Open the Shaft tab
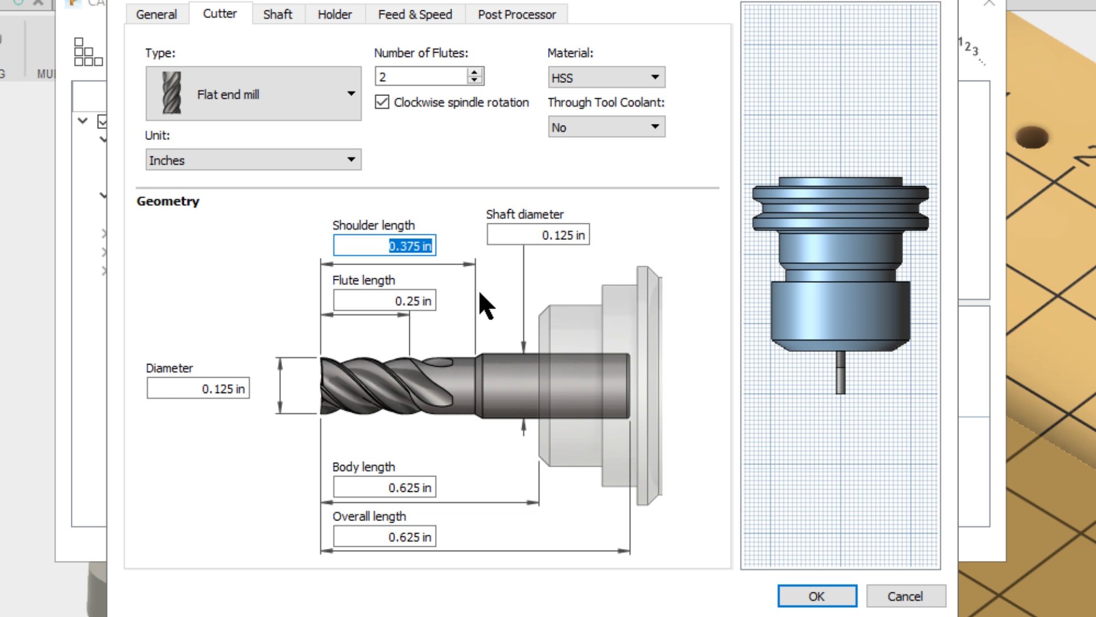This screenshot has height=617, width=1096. [x=277, y=14]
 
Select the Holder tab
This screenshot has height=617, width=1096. [x=335, y=14]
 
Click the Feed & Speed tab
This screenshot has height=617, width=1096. [x=415, y=14]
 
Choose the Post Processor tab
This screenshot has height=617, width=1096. [x=517, y=14]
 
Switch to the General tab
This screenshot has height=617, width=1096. [x=156, y=14]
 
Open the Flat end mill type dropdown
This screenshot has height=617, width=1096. [x=253, y=94]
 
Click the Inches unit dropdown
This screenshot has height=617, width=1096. [x=253, y=160]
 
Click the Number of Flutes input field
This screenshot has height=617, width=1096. [x=421, y=77]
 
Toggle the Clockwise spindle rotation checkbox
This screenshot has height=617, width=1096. [x=382, y=102]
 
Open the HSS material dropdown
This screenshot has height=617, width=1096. [x=606, y=78]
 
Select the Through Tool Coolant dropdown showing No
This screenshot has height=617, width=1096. [x=606, y=127]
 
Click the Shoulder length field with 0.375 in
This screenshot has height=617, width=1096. [x=385, y=246]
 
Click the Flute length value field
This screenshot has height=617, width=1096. [x=385, y=301]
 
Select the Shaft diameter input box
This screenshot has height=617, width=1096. [x=538, y=235]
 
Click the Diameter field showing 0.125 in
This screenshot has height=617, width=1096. [x=198, y=389]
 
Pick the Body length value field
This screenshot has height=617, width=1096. [x=385, y=488]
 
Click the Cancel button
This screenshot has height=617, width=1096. [x=905, y=596]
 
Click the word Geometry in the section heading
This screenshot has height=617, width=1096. [x=168, y=202]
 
